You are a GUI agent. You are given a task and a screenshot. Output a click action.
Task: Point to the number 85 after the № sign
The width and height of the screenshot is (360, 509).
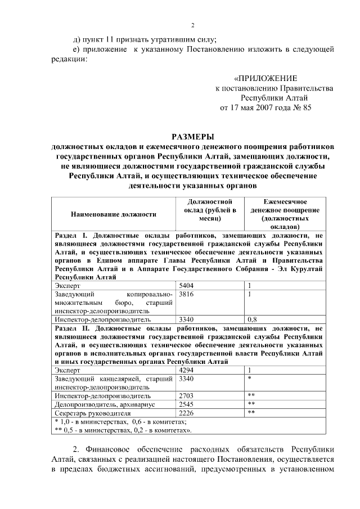pyautogui.click(x=307, y=107)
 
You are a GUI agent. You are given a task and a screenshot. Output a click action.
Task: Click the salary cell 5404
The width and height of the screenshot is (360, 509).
pyautogui.click(x=186, y=286)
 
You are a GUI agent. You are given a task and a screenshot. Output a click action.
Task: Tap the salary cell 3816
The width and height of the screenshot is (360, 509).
pyautogui.click(x=186, y=294)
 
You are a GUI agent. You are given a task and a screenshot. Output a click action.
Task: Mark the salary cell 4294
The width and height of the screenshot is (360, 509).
pyautogui.click(x=186, y=371)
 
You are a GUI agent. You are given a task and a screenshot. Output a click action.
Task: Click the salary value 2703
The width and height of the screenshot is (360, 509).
pyautogui.click(x=186, y=396)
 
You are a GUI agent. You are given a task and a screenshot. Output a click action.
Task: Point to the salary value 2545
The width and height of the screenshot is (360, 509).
pyautogui.click(x=186, y=404)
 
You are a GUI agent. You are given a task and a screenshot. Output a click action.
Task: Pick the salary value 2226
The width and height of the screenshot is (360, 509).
pyautogui.click(x=186, y=413)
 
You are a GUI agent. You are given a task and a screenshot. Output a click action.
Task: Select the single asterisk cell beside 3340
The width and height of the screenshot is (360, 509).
pyautogui.click(x=249, y=380)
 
